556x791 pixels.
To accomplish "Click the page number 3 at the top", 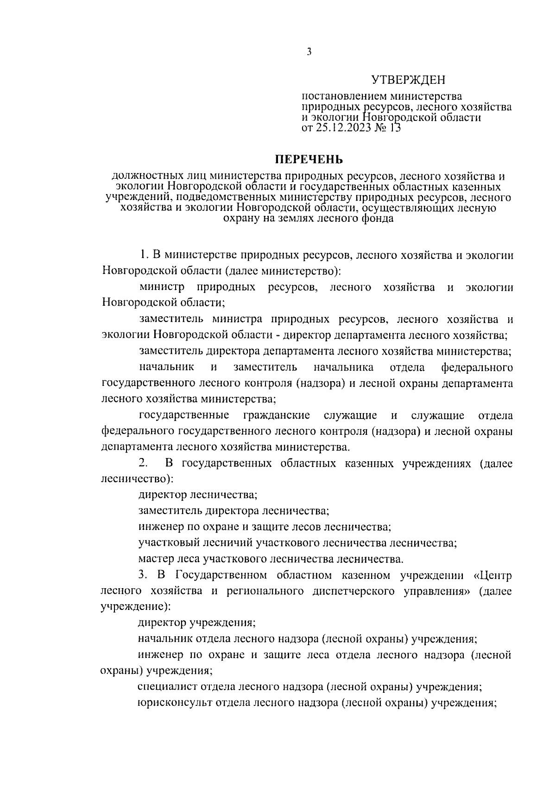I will coord(310,52).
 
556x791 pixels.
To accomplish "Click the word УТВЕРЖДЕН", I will coord(408,81).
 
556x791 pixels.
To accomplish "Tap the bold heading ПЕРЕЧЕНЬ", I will coord(309,160).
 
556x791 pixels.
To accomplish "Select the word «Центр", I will coord(493,576).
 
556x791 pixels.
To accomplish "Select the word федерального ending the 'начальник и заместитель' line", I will coord(477,368).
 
